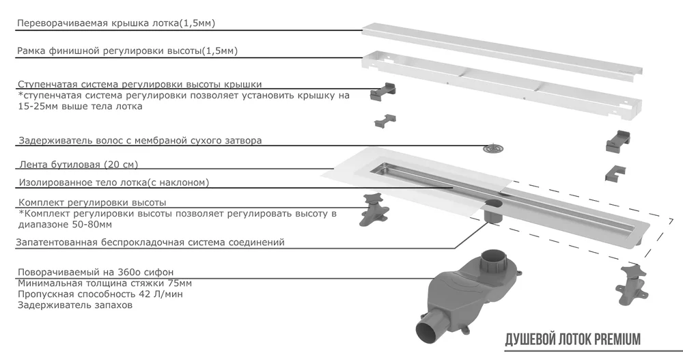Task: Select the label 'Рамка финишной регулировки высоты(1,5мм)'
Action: pyautogui.click(x=128, y=51)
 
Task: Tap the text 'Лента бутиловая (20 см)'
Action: pyautogui.click(x=83, y=165)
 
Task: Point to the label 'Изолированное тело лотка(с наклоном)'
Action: pyautogui.click(x=113, y=182)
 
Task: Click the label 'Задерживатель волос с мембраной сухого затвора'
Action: pyautogui.click(x=140, y=141)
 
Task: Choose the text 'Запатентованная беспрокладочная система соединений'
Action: pyautogui.click(x=151, y=243)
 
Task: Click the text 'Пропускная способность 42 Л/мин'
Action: pyautogui.click(x=100, y=294)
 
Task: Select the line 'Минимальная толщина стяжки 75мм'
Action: pyautogui.click(x=104, y=283)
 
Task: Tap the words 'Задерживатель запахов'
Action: pyautogui.click(x=75, y=305)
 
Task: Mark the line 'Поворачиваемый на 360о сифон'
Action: pyautogui.click(x=96, y=271)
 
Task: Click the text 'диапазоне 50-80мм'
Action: pyautogui.click(x=66, y=224)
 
